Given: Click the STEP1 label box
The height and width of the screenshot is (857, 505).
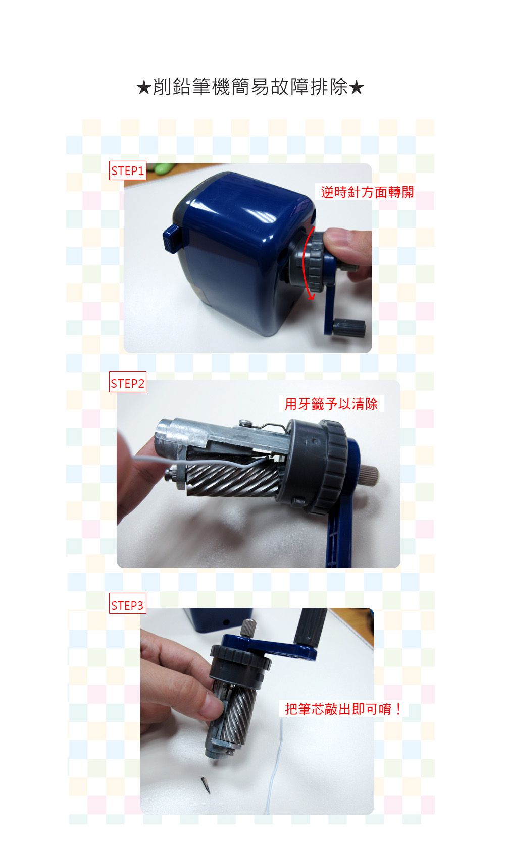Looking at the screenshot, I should (x=127, y=171).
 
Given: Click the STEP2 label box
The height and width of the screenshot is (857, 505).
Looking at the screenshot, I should (x=127, y=384).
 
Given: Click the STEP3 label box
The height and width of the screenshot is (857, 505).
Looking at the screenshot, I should (x=127, y=605).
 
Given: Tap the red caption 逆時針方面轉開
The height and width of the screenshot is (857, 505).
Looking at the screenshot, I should (x=367, y=192).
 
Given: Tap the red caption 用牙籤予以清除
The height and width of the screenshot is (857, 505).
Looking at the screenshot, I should (x=331, y=404).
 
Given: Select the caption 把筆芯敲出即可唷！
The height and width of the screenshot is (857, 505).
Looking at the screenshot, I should (x=343, y=709).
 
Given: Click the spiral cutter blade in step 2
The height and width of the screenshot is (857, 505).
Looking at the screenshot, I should (x=232, y=482).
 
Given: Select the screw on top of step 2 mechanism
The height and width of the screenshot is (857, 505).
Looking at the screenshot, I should (x=245, y=422).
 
